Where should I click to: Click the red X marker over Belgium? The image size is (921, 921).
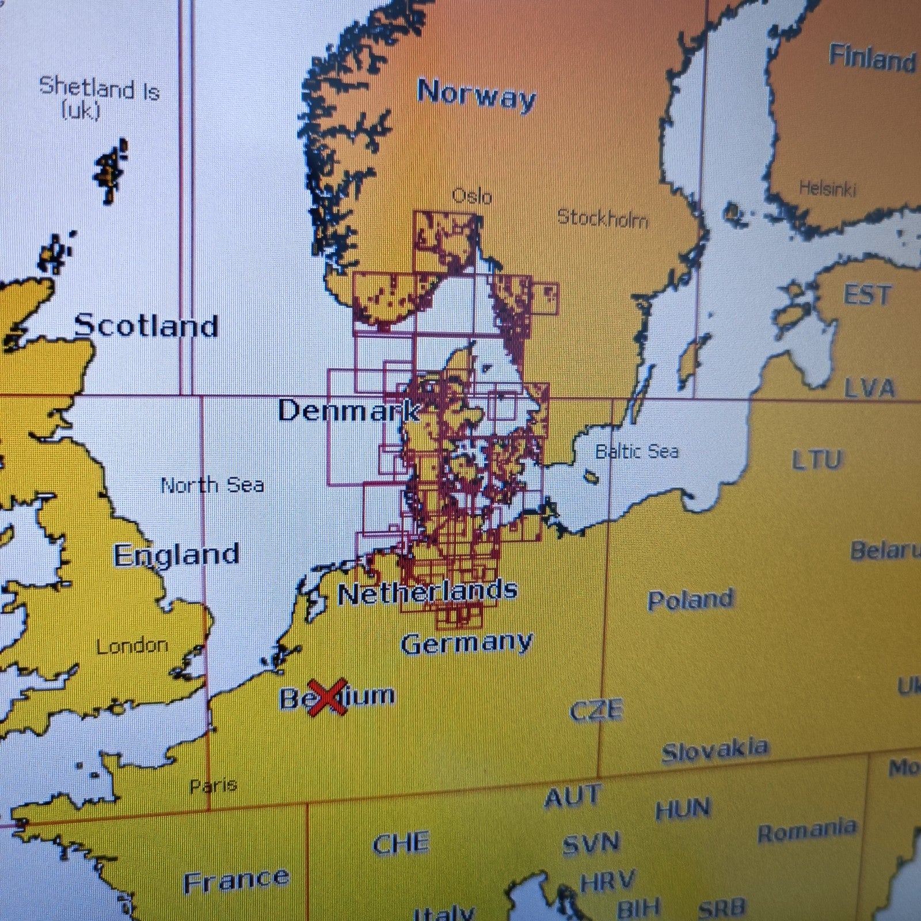click(x=327, y=697)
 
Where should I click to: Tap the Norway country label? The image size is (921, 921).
click(x=476, y=94)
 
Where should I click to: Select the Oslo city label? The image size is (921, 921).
click(x=472, y=196)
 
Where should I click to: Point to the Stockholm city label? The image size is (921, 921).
click(x=603, y=218)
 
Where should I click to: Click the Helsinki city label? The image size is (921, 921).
click(x=827, y=188)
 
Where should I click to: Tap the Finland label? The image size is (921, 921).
click(x=871, y=58)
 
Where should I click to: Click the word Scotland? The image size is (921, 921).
click(x=146, y=326)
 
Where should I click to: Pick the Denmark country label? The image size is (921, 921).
click(x=349, y=410)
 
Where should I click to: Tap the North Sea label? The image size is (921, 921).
click(x=212, y=485)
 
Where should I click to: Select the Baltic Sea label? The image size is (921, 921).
click(x=637, y=451)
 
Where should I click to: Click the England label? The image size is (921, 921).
click(x=176, y=555)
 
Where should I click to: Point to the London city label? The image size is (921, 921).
click(x=132, y=646)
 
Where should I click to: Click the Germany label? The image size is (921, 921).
click(x=466, y=643)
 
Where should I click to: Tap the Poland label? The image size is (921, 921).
click(x=690, y=600)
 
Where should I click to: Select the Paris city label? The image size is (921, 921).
click(x=213, y=785)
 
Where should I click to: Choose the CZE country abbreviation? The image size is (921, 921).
click(x=596, y=710)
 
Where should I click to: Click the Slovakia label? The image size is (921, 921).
click(x=714, y=750)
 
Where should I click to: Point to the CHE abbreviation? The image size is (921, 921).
click(x=401, y=843)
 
